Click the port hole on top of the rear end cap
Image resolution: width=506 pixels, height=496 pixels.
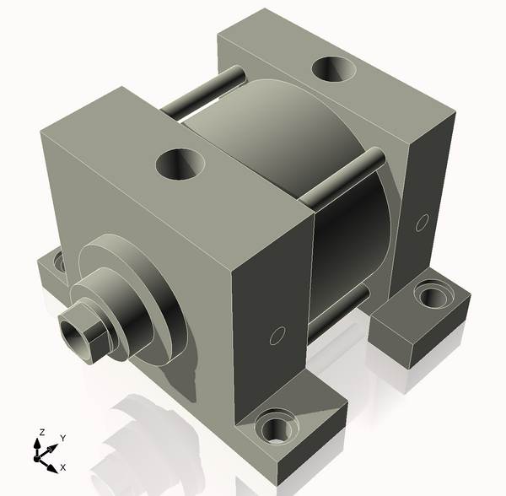point(334,68)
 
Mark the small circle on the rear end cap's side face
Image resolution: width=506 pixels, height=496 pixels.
point(423,224)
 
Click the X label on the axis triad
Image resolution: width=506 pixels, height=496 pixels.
point(63,466)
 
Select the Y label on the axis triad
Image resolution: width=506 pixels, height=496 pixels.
point(62,439)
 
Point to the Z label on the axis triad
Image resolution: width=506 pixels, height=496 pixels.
point(40,433)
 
